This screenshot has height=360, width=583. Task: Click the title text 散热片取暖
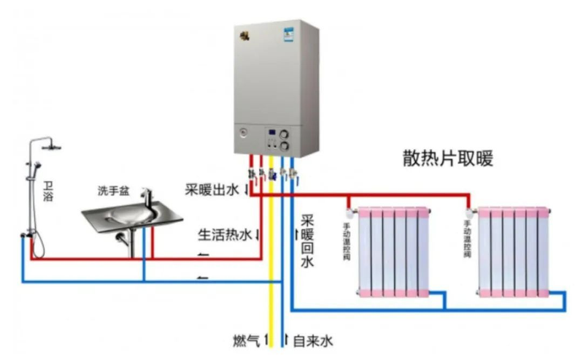pyautogui.click(x=453, y=158)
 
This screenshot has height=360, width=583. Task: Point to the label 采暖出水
pyautogui.click(x=212, y=191)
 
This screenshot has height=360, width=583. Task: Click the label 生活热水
pyautogui.click(x=224, y=235)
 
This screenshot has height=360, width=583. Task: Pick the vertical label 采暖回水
pyautogui.click(x=307, y=240)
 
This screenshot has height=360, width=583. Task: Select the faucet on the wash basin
pyautogui.click(x=146, y=197)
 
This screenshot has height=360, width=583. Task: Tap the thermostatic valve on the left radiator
pyautogui.click(x=349, y=212)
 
